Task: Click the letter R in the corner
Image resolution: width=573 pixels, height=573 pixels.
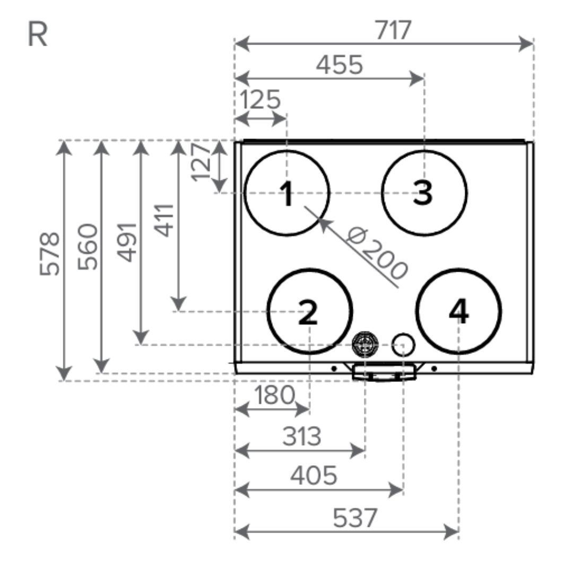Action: pos(37,35)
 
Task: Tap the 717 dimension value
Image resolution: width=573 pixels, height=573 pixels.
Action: pos(394,30)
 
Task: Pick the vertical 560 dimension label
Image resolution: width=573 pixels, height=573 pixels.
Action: pos(88,246)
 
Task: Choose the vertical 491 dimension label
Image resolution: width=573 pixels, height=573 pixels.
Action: pos(127,241)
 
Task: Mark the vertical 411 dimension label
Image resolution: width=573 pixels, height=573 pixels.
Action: pos(165,220)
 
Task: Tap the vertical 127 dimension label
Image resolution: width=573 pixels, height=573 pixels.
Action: pos(201,161)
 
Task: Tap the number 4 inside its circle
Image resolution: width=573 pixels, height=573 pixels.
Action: pos(459,312)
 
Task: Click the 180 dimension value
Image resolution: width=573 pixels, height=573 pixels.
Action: pos(274,395)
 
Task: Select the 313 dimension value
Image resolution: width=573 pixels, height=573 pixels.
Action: pos(301,437)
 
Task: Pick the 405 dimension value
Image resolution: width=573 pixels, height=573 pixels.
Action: pos(314,476)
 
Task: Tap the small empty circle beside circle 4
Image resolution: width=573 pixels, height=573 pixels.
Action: pos(403,344)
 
